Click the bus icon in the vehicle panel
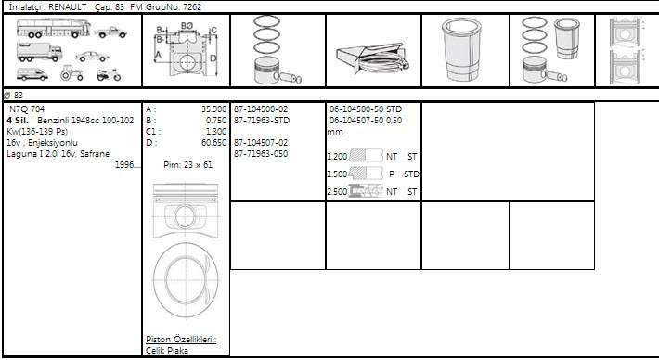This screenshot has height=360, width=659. coord(54,28)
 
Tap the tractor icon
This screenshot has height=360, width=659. coord(71,72)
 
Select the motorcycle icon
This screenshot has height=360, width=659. coord(109,75)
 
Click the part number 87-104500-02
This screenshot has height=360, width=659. coord(261,109)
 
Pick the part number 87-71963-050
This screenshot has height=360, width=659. coord(261,154)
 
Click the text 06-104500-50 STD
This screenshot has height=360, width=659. coord(365,109)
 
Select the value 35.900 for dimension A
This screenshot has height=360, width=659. coord(213,109)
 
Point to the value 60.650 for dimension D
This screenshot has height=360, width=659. coord(213,143)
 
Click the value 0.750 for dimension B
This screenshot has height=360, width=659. coord(216,121)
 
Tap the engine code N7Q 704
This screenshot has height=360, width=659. coord(27,109)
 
